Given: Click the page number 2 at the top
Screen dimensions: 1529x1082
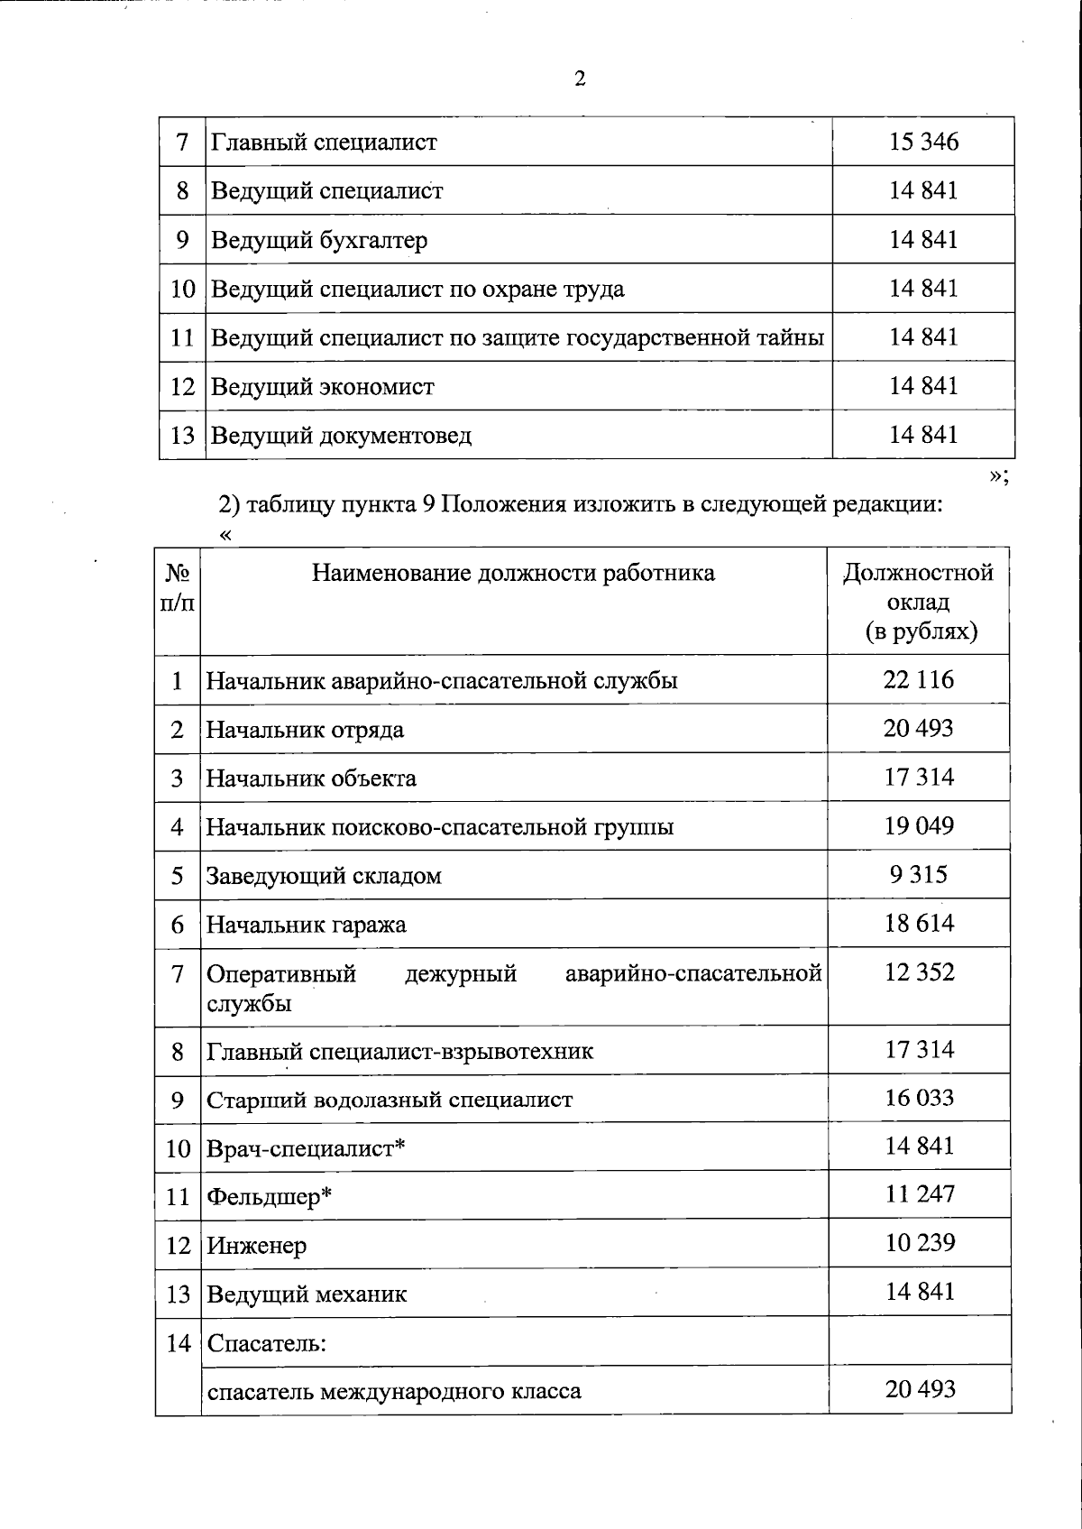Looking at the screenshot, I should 580,79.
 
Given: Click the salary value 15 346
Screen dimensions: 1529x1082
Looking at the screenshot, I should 923,142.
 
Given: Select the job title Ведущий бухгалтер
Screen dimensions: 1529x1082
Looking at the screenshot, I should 319,240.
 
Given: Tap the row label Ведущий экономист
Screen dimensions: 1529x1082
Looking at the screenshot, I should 322,387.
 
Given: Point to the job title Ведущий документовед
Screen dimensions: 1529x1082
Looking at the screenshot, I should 341,436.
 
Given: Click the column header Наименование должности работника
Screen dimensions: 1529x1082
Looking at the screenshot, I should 513,573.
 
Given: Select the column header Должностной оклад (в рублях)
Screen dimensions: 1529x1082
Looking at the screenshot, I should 919,601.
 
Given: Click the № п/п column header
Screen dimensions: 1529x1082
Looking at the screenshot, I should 177,587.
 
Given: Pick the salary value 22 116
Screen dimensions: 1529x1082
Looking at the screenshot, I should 918,679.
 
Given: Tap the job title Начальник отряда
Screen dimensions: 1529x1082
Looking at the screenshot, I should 305,729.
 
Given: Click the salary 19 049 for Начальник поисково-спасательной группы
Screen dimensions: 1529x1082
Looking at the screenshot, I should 918,825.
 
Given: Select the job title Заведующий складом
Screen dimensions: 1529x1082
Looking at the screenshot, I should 324,876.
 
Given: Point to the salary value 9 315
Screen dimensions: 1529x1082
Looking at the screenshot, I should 918,874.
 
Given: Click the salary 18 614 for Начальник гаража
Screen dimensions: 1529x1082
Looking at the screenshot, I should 918,923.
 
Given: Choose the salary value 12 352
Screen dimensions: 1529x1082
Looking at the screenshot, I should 918,972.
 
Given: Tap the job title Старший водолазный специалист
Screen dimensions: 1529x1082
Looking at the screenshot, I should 390,1100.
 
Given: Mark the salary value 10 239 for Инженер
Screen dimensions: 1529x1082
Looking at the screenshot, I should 919,1242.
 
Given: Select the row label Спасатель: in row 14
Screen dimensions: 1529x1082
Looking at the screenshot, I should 266,1343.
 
